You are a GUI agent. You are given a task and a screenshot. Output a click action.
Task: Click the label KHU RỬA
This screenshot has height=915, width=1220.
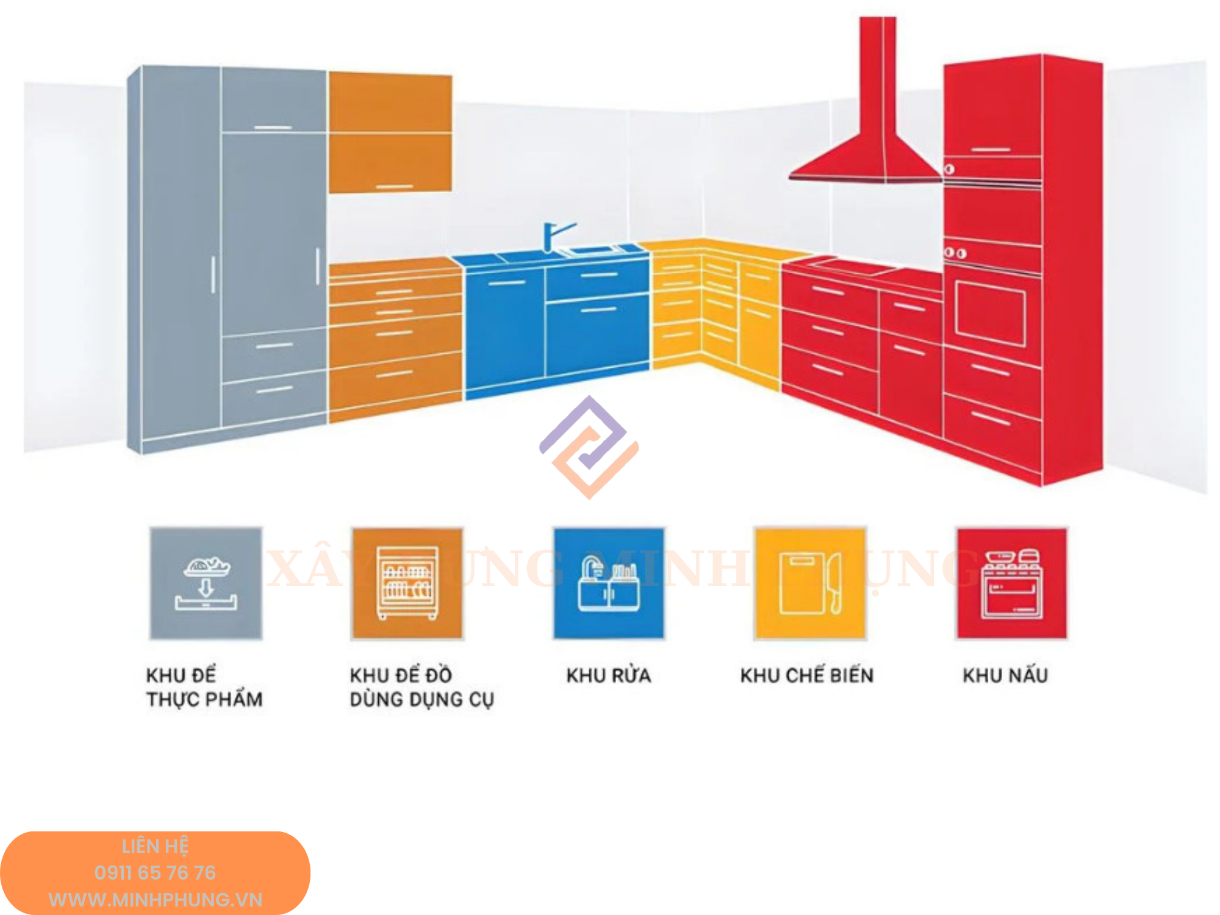[608, 675]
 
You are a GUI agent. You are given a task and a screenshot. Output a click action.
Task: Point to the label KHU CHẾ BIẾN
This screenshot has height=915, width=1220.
[806, 675]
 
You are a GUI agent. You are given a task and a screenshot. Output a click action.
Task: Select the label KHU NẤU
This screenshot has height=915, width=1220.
[1005, 675]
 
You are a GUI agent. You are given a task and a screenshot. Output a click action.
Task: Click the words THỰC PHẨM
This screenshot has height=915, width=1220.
[204, 699]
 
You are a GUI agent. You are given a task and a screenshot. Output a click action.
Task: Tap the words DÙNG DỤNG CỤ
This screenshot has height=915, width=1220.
[422, 699]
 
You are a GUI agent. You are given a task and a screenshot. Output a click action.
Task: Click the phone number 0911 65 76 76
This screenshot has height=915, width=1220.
[155, 872]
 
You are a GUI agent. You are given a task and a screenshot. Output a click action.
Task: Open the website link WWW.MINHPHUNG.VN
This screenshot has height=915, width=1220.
[155, 899]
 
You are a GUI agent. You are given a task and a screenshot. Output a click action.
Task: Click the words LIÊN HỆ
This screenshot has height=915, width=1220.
[155, 846]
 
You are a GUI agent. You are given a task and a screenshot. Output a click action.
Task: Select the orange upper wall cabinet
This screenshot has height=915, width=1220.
[390, 131]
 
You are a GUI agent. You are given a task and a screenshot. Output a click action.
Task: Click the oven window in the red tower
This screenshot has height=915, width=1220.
[989, 315]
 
